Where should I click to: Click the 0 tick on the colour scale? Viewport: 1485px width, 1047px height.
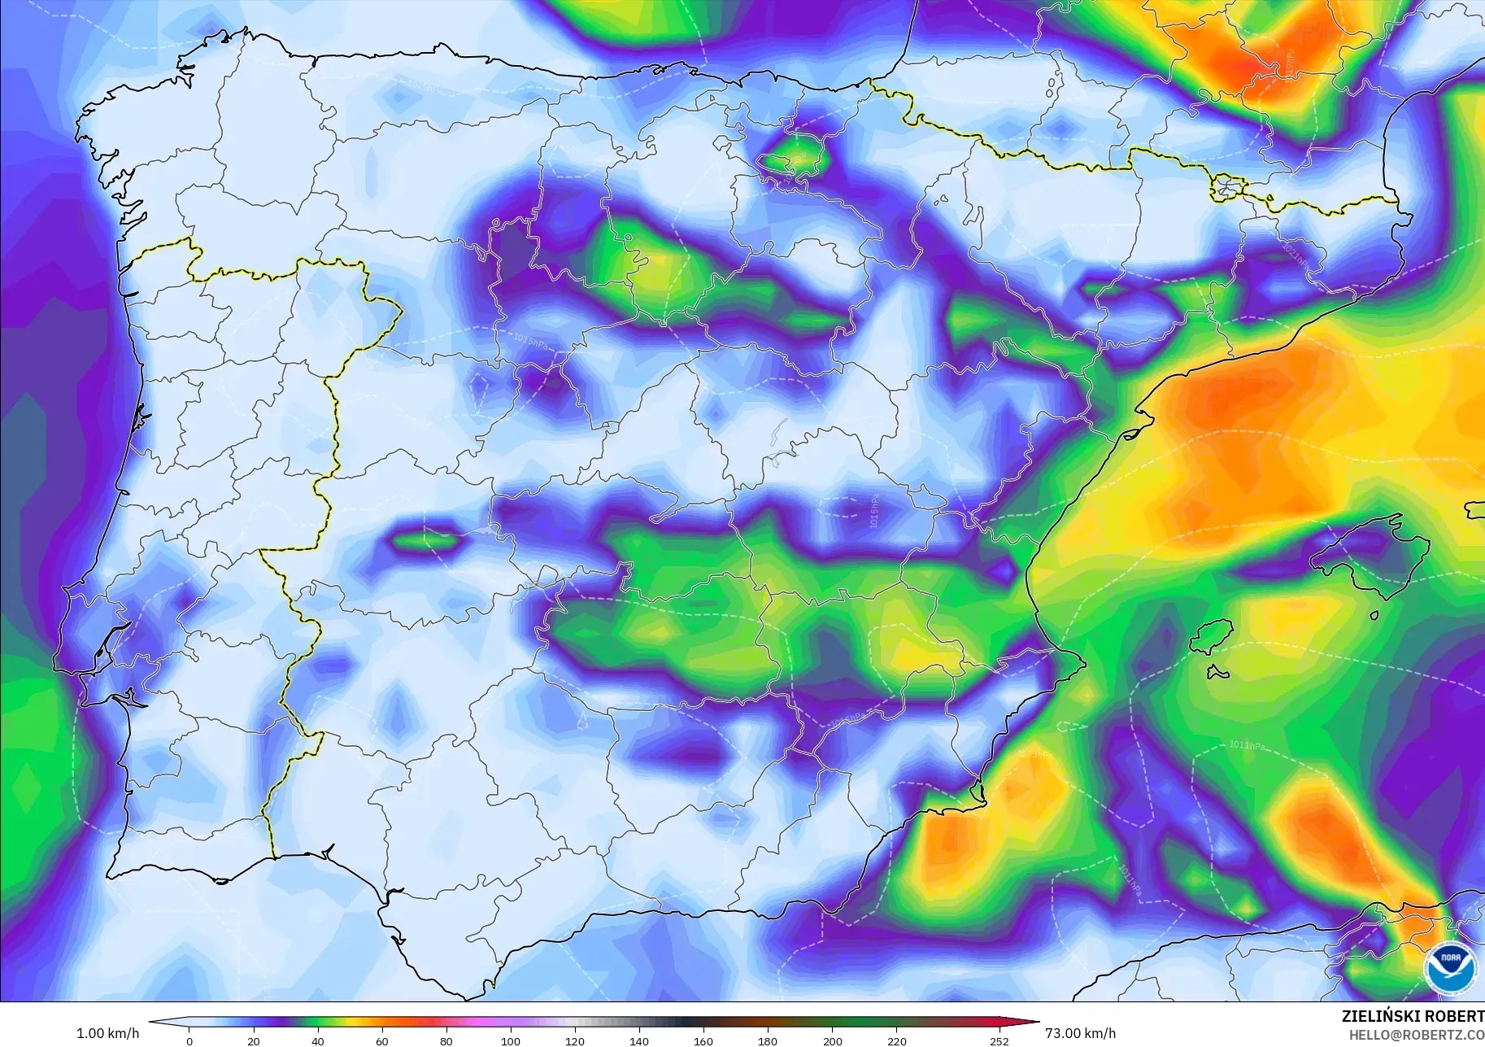(x=189, y=1040)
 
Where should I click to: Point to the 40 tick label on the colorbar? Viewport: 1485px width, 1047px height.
(x=317, y=1040)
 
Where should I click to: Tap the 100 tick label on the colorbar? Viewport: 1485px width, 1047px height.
(x=510, y=1040)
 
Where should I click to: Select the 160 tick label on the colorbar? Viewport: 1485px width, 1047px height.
(x=703, y=1040)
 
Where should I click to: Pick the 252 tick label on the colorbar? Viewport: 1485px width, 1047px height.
(x=999, y=1040)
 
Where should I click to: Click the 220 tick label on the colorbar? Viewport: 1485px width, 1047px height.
(x=896, y=1040)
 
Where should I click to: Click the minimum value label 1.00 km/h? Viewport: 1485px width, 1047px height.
(x=107, y=1033)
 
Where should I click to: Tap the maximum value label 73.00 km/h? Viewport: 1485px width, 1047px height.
(x=1080, y=1033)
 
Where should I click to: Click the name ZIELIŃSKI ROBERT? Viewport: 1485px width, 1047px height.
(x=1413, y=1016)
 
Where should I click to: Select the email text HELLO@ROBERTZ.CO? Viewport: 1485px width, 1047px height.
(x=1416, y=1036)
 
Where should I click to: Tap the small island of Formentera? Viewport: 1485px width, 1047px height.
(x=1217, y=673)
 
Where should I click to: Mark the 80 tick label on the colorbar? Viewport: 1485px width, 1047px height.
(x=446, y=1040)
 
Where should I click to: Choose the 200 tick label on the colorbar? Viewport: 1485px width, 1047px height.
(x=832, y=1040)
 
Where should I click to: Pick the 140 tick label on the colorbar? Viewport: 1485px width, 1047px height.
(x=638, y=1040)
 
